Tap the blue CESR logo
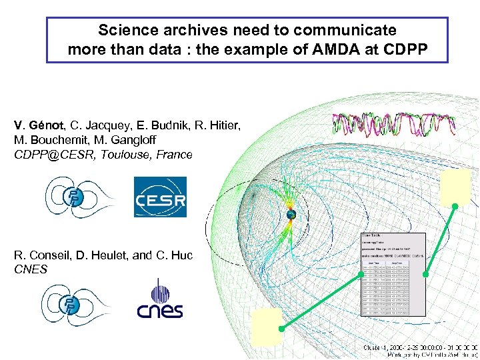(x=160, y=197)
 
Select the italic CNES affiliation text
(x=30, y=269)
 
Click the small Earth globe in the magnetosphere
(x=291, y=215)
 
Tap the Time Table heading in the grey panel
(x=373, y=235)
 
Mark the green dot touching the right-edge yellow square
(x=456, y=207)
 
